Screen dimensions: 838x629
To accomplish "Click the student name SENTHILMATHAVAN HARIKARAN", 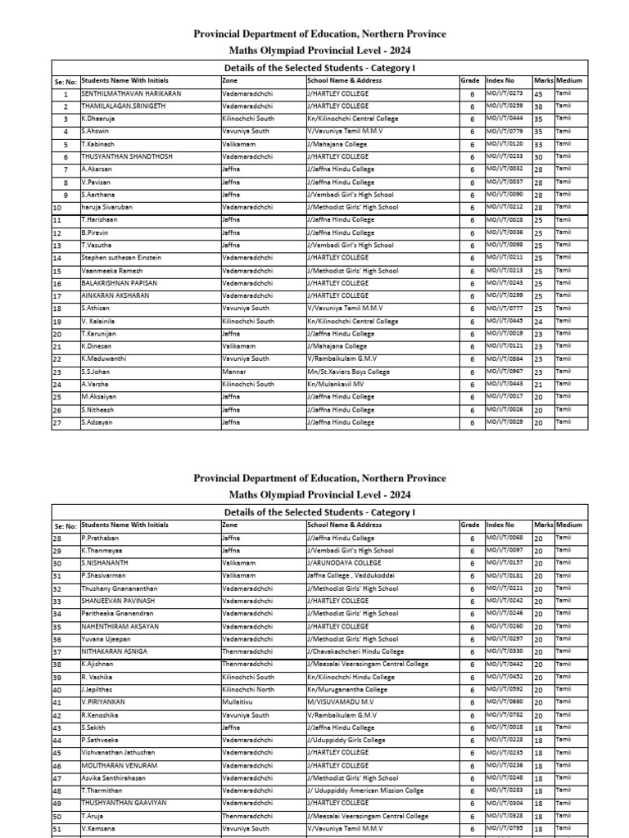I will (x=131, y=94).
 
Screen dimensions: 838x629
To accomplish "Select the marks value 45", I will (x=538, y=94).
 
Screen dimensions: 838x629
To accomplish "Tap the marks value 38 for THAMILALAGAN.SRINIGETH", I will (x=538, y=106).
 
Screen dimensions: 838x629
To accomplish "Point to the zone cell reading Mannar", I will (x=233, y=372).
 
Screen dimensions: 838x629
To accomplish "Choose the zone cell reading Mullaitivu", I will (x=238, y=702).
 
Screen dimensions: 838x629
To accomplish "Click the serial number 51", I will (x=57, y=829).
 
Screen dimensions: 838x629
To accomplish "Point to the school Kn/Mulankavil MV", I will (x=336, y=384).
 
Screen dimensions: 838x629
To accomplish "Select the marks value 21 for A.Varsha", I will (x=538, y=385).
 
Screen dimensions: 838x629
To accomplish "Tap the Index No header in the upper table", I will (x=500, y=81).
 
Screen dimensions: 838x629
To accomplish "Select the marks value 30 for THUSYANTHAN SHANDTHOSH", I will (x=538, y=157).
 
